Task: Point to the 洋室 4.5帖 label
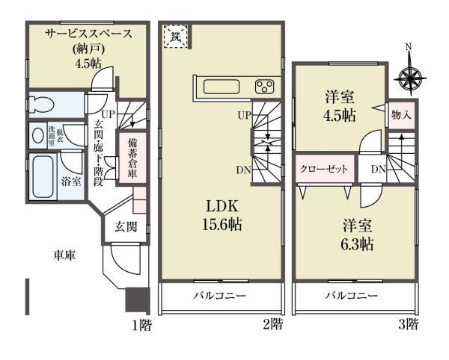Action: (340, 105)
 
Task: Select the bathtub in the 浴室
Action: (43, 176)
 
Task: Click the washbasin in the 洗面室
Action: (38, 135)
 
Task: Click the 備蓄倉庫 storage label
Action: (132, 158)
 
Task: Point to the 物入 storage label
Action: (400, 115)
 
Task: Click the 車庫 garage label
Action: (64, 255)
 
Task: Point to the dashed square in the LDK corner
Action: (177, 37)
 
